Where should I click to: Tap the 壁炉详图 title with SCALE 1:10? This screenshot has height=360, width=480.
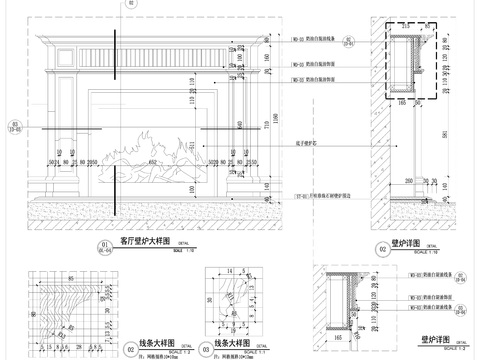coord(412,241)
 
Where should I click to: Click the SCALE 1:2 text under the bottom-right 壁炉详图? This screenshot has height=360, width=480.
coord(455,348)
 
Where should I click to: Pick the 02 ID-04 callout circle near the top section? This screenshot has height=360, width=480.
coord(349,43)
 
